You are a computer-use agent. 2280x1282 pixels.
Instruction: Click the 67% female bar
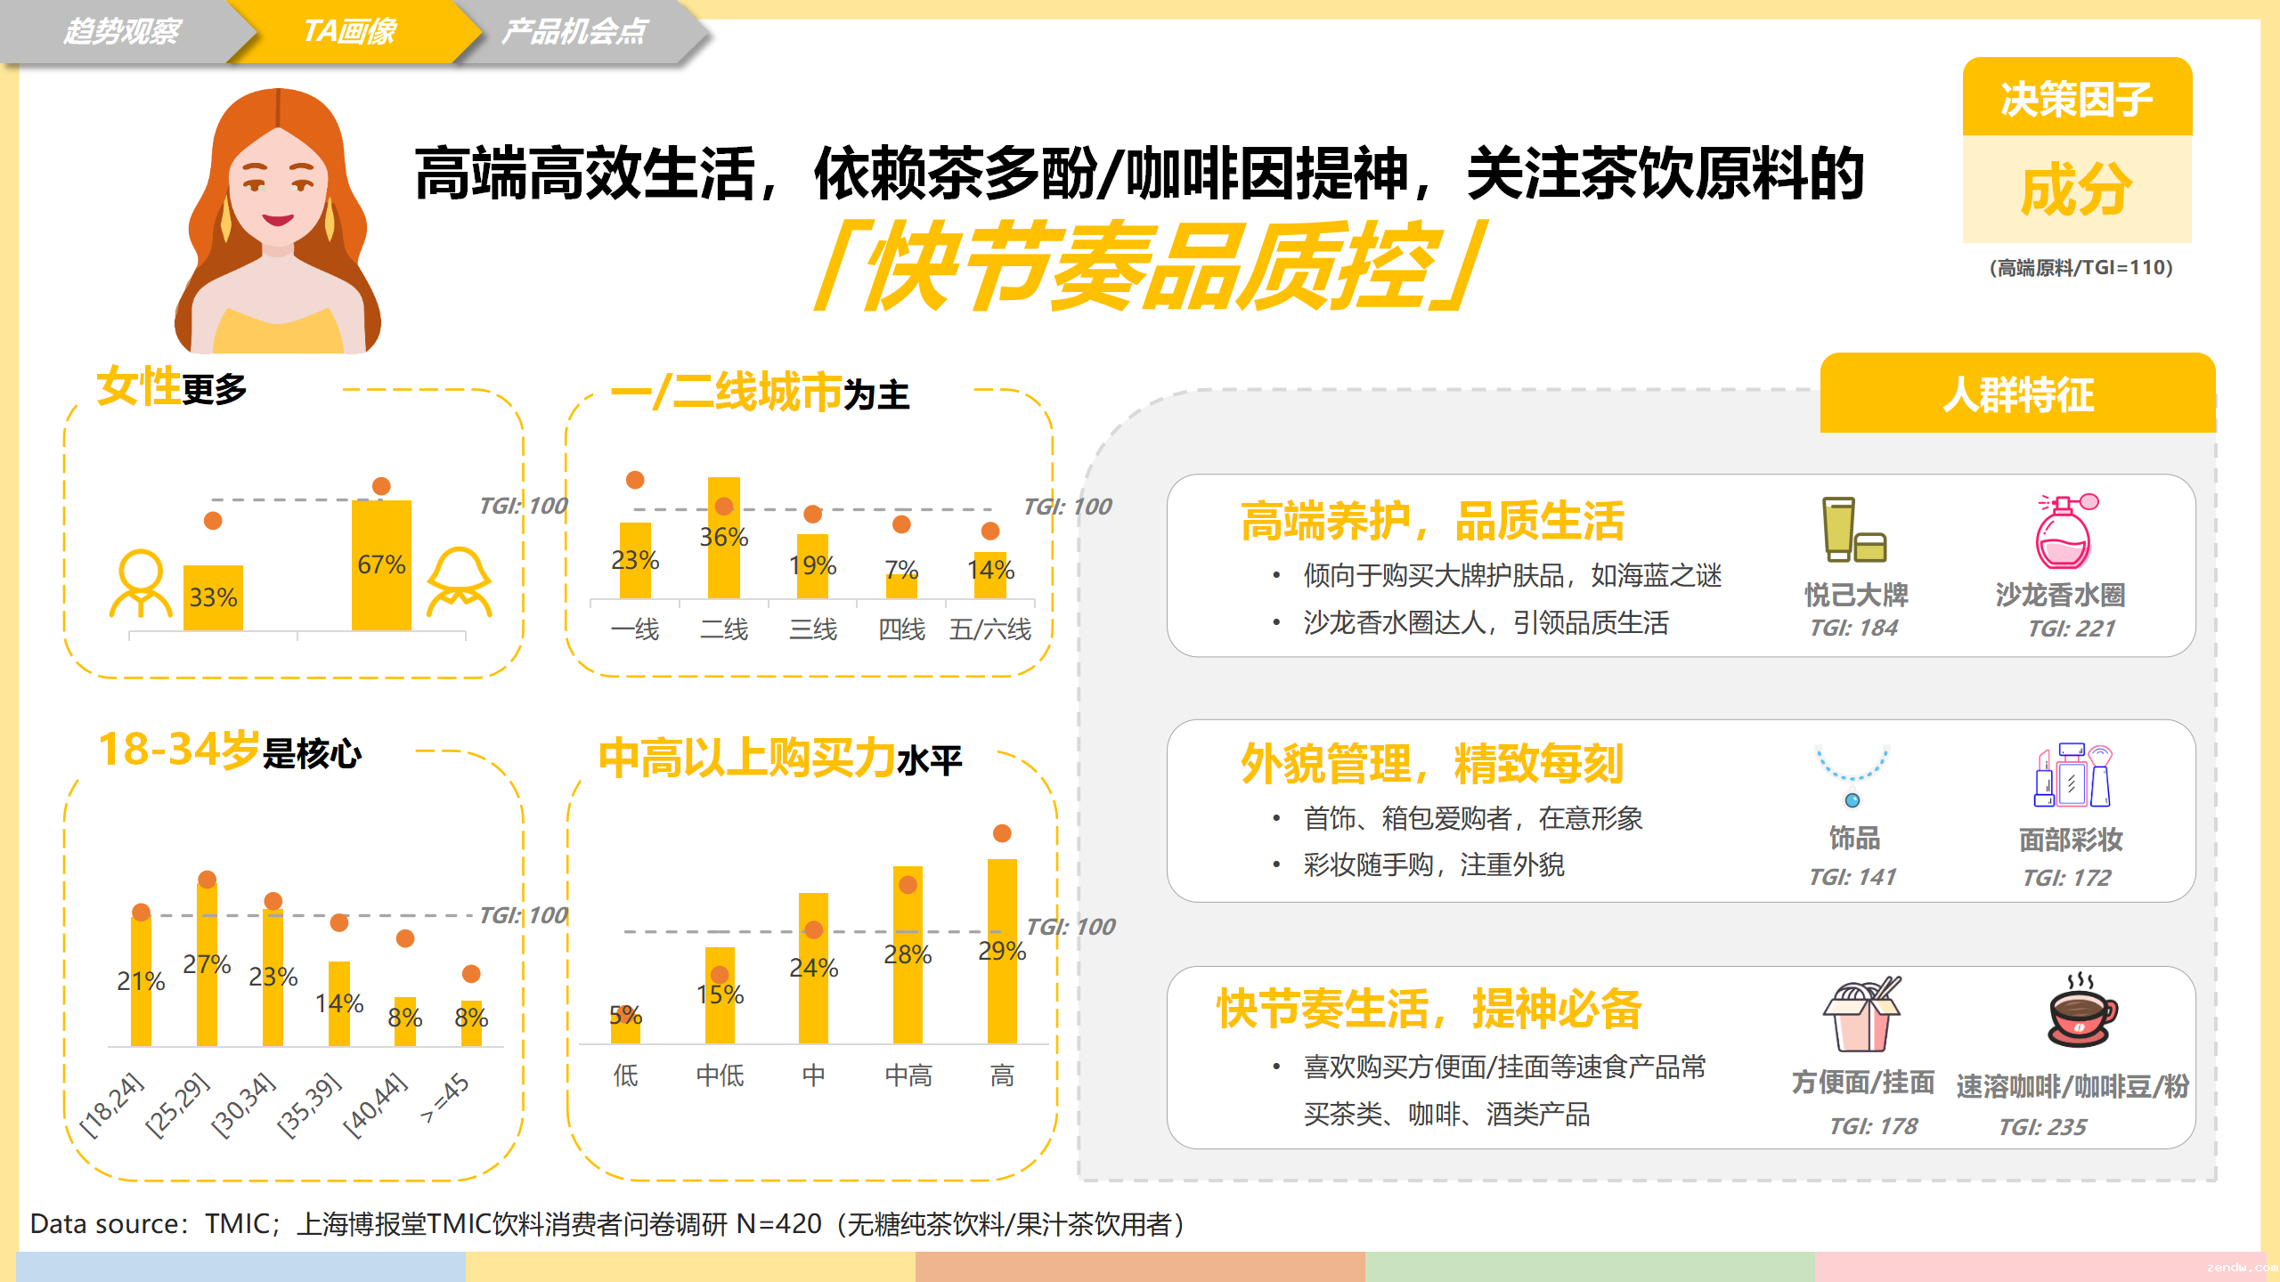point(381,565)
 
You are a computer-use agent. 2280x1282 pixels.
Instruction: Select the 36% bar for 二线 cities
point(724,538)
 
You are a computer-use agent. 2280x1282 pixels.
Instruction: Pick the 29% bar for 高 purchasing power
point(1002,951)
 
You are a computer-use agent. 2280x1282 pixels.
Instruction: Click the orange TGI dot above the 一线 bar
point(635,480)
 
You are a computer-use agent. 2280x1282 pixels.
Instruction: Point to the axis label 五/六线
point(989,629)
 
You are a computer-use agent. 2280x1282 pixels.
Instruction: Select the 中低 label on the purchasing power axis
point(720,1075)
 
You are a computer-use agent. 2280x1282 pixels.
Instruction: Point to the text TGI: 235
point(2042,1127)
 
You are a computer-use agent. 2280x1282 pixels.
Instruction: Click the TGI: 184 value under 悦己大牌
point(1853,628)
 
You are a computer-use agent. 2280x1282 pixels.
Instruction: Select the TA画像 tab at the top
point(350,32)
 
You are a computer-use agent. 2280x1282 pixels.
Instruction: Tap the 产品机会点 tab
point(575,32)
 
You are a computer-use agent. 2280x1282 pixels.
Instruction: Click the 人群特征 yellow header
point(2017,394)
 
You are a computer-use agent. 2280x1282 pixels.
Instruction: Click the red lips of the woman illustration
point(278,219)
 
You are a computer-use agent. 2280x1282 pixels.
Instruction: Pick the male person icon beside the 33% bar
point(140,583)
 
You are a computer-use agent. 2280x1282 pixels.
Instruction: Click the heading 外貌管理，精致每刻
point(1432,764)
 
